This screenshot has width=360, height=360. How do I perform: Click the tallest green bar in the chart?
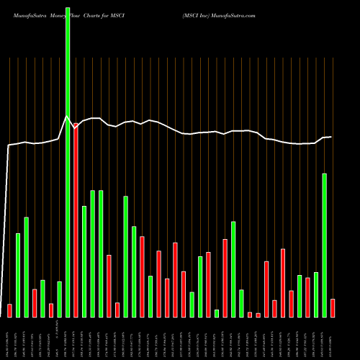coord(68,158)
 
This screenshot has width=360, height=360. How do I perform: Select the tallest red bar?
coord(76,220)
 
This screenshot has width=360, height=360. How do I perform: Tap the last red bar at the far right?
coord(333,307)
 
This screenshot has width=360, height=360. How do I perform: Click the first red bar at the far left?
coord(9,310)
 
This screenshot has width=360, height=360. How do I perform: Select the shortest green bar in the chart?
coord(217,313)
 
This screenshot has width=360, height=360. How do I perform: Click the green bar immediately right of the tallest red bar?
coord(84,261)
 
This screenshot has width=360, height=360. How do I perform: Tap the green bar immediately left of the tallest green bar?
coord(59,299)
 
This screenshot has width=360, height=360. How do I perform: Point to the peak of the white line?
coord(67,116)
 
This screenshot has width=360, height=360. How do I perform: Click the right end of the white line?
coord(331,137)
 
